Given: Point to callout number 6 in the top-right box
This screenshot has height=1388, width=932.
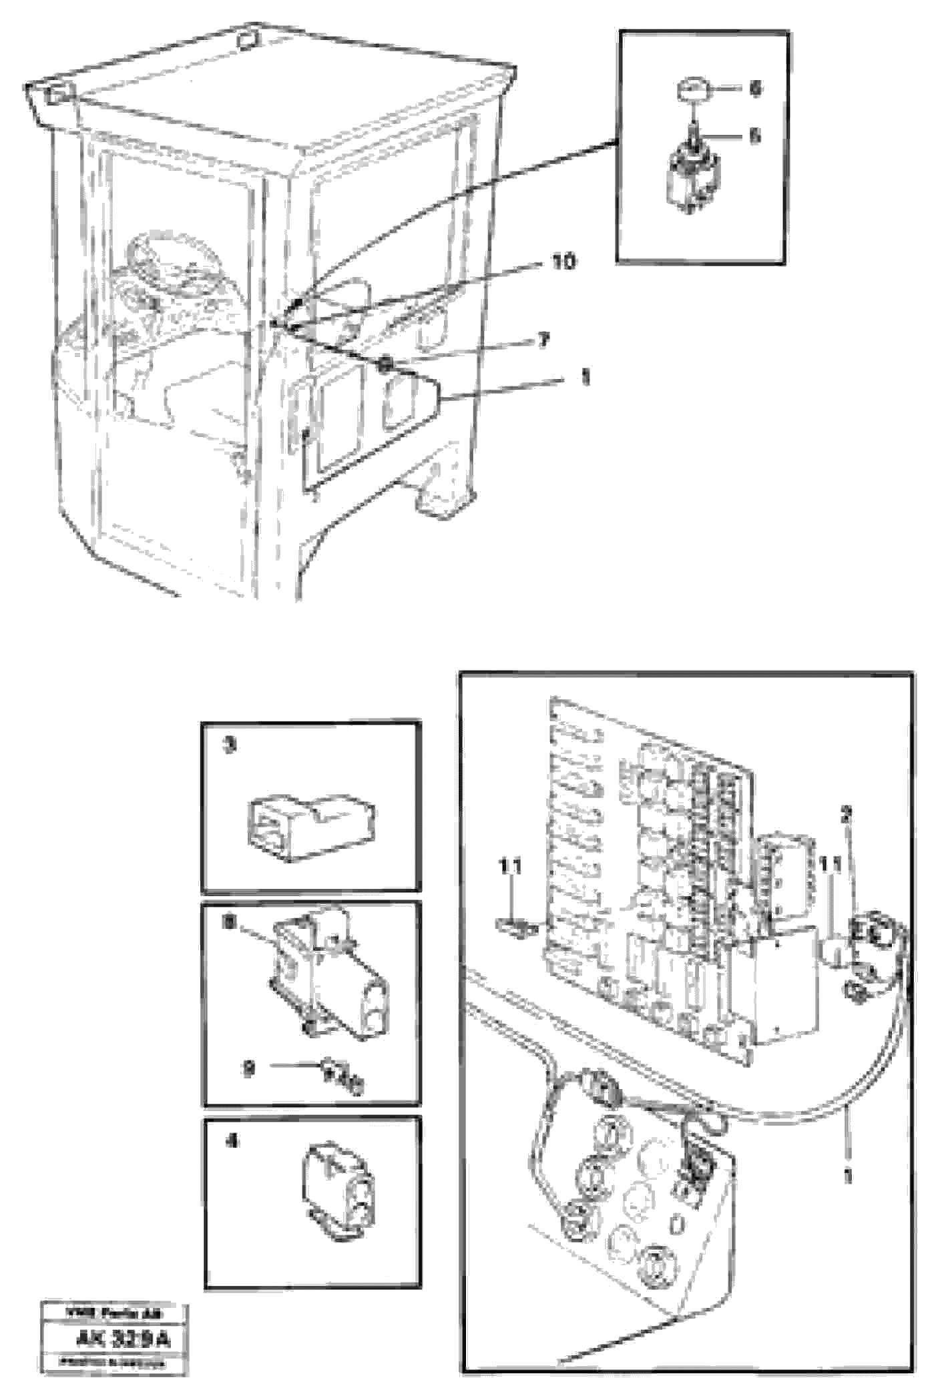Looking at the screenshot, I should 754,89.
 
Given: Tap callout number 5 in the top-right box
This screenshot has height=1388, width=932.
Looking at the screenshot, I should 754,136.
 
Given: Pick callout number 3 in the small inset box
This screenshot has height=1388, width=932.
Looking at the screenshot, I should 229,745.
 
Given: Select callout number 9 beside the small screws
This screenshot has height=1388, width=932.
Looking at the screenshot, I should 249,1068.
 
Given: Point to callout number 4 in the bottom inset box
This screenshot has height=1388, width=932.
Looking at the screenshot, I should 231,1142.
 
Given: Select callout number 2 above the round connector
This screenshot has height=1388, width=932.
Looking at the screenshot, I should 846,814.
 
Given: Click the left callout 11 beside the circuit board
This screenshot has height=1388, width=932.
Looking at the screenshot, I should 511,867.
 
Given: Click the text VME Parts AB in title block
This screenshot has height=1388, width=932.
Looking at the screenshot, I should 113,1314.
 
